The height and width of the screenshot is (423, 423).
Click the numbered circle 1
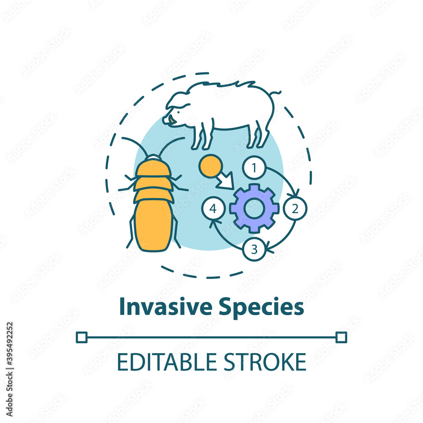coord(254,168)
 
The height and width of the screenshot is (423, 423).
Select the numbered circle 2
coord(295,208)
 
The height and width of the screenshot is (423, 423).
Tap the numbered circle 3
coord(254,249)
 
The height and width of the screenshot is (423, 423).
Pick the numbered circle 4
coord(213,208)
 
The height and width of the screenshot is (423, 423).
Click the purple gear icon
coord(254,208)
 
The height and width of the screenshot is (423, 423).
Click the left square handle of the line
coord(81,337)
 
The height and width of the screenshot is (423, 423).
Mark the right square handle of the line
coord(341,337)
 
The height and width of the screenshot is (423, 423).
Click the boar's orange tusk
coord(172,121)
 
